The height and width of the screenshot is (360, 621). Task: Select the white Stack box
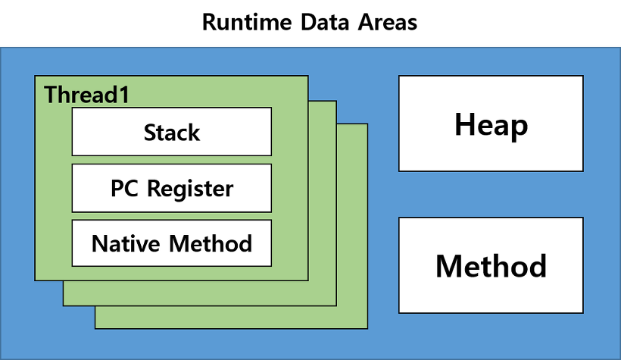(171, 131)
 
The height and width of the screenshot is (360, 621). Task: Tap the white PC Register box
(171, 188)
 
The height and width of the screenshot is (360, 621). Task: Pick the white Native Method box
(171, 243)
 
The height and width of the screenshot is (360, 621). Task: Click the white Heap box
(491, 124)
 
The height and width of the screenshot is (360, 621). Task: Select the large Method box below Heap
(491, 265)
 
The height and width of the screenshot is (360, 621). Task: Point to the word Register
(192, 188)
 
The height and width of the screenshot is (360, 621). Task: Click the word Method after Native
(211, 243)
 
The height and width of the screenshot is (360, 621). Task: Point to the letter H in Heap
(465, 124)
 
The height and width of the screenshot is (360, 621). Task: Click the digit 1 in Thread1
(123, 95)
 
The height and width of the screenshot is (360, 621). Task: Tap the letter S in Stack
(150, 133)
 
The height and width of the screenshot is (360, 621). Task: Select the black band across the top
(310, 23)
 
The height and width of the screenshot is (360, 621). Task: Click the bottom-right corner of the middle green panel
(336, 305)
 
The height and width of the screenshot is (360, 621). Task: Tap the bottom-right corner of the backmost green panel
(368, 329)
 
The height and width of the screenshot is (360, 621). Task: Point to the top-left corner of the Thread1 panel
(36, 77)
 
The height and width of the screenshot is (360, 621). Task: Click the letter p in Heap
(518, 127)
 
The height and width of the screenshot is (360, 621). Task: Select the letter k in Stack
(194, 133)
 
